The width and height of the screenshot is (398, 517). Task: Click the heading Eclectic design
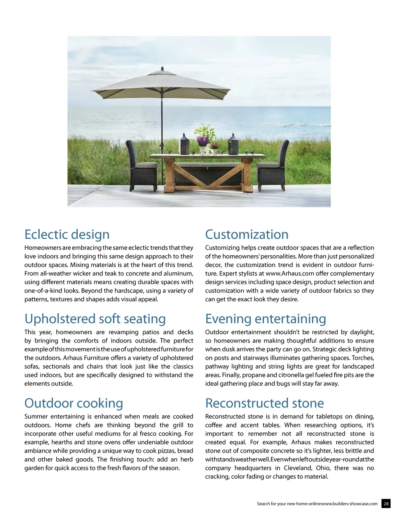pos(67,234)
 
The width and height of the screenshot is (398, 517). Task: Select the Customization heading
pos(247,234)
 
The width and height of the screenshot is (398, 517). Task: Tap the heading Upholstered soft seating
pos(95,319)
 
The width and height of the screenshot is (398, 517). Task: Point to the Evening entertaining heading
pos(265,319)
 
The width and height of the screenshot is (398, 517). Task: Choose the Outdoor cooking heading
pos(73,403)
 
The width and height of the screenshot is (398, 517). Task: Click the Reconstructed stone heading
pos(264,403)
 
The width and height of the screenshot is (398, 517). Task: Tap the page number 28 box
pos(386,503)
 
